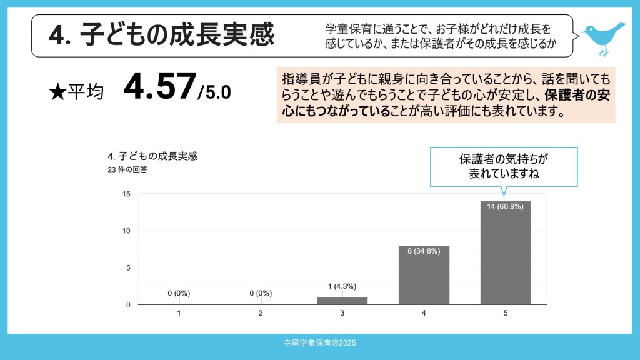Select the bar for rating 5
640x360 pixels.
[x=505, y=256]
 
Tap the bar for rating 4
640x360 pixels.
[x=424, y=278]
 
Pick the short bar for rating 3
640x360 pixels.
[x=342, y=301]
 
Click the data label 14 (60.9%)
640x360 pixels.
[x=505, y=207]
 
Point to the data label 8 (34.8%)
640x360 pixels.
[x=424, y=251]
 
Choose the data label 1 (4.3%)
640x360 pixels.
[x=342, y=286]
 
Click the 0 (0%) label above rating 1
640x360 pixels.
[x=179, y=293]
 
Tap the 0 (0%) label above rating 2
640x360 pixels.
[x=261, y=293]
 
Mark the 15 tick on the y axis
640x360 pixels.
[x=126, y=194]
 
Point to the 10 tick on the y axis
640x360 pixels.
[x=126, y=231]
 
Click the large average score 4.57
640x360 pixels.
[x=159, y=87]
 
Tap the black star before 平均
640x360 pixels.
[x=56, y=92]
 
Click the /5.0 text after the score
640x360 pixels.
[x=214, y=92]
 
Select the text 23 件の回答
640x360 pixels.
[x=127, y=169]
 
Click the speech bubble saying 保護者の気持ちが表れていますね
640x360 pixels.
[x=504, y=166]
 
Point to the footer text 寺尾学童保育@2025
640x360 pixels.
[x=319, y=343]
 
